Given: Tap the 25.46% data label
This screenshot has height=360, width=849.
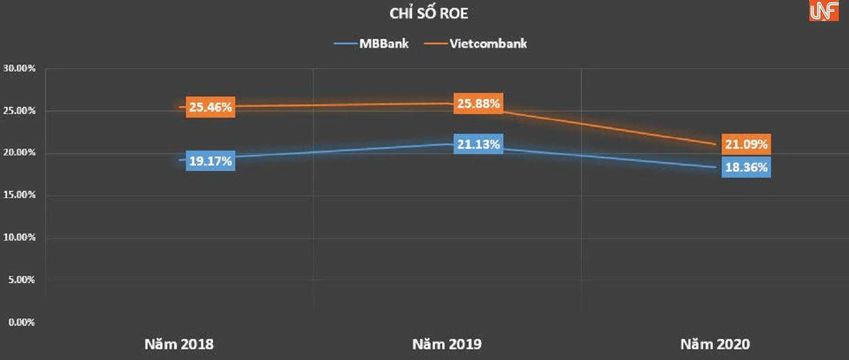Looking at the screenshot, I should point(210,107).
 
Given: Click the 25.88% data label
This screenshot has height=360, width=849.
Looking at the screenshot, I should point(478,103).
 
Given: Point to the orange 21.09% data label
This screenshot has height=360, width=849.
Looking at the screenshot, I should point(746,145).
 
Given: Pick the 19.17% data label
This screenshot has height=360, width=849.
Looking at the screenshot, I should point(210,160).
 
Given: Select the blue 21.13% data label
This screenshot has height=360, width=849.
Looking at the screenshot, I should point(478,143).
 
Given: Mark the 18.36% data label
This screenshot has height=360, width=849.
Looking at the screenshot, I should point(746,167).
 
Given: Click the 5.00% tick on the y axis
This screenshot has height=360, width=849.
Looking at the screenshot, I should point(21,280).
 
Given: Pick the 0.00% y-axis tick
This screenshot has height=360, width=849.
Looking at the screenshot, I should point(21,322).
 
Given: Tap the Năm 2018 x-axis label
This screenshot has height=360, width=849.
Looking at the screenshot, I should point(179,345).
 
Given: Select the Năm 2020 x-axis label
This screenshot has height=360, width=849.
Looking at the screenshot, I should point(715,345).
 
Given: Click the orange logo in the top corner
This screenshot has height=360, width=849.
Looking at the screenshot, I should point(824,11).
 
